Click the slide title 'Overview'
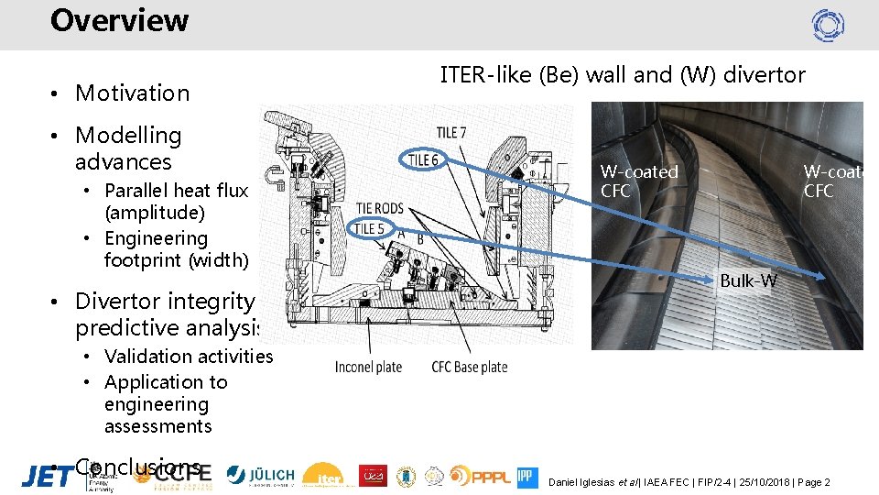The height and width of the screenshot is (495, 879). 119,20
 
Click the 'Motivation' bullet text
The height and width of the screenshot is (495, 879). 132,93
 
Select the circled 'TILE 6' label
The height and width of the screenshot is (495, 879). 422,160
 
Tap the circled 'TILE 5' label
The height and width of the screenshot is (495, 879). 369,228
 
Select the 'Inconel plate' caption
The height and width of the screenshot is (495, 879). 368,368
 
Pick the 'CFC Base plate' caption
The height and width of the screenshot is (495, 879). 469,368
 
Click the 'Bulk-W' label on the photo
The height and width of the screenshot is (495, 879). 748,280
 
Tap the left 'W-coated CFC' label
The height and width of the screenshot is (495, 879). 639,181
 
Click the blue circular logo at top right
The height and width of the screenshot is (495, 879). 828,25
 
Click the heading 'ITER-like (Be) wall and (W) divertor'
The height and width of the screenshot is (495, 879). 623,75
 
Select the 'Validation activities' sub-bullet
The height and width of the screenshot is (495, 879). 189,357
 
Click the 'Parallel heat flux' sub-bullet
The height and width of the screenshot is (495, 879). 176,191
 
